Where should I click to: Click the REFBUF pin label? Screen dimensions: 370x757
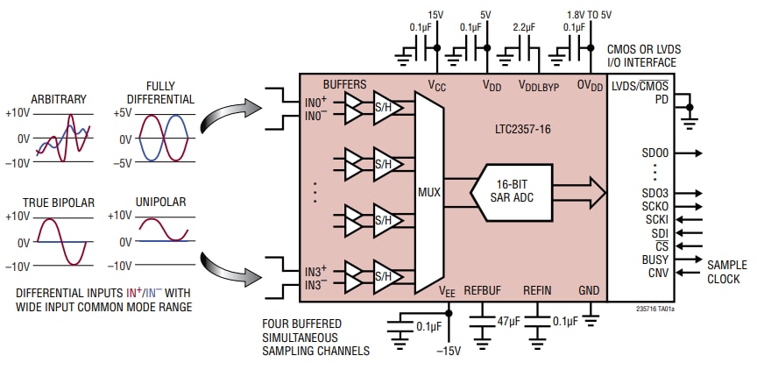(x=482, y=290)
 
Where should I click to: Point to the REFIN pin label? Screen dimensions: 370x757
(x=537, y=290)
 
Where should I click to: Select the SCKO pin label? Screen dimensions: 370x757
(x=656, y=206)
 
